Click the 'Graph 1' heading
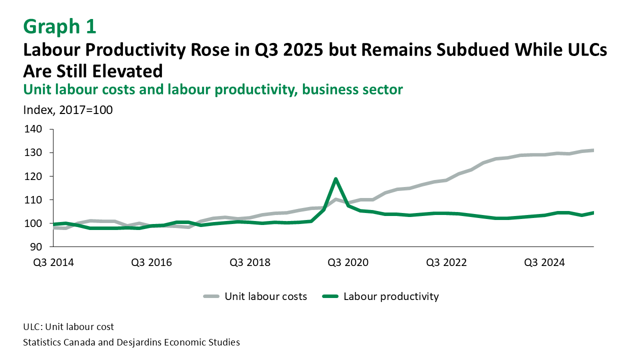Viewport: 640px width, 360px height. pos(59,26)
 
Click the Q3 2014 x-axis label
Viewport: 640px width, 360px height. pos(53,262)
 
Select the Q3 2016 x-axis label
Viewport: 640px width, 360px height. pos(152,262)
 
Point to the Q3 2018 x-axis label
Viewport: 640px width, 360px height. pos(250,262)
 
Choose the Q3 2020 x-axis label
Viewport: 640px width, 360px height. pos(348,262)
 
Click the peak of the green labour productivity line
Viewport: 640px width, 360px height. pos(335,178)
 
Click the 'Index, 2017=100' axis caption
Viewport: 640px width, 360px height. pos(68,110)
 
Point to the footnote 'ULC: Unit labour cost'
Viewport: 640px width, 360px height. pos(68,327)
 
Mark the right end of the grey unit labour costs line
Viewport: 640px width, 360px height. pos(593,150)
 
